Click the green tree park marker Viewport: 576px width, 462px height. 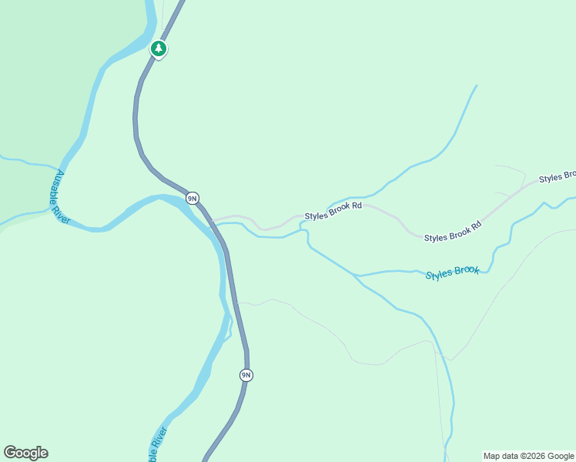[159, 49]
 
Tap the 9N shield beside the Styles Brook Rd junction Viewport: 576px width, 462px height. [193, 198]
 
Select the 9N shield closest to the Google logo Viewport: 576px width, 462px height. [246, 375]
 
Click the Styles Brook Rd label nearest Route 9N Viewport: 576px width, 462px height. [333, 211]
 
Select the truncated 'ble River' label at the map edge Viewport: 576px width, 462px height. [156, 444]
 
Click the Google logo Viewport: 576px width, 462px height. [25, 453]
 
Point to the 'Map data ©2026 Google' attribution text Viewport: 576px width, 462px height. [528, 456]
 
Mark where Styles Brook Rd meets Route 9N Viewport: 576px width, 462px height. [210, 222]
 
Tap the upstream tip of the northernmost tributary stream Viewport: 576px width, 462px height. [477, 85]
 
